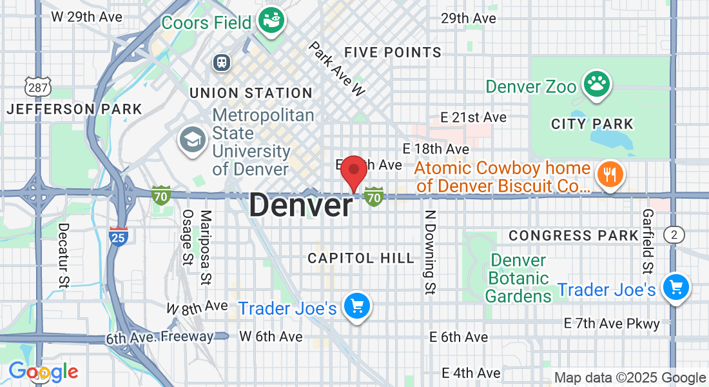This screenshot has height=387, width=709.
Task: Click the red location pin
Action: pyautogui.click(x=353, y=170)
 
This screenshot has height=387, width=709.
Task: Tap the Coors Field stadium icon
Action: pyautogui.click(x=271, y=22)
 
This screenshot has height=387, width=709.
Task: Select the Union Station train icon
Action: pyautogui.click(x=222, y=62)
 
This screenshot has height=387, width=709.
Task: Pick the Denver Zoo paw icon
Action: pyautogui.click(x=597, y=84)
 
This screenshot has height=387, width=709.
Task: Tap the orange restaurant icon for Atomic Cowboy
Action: pyautogui.click(x=608, y=174)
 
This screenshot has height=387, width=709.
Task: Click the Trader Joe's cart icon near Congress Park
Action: pyautogui.click(x=675, y=287)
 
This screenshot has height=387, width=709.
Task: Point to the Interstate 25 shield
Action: pyautogui.click(x=118, y=235)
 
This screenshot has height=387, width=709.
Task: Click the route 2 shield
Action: pyautogui.click(x=674, y=235)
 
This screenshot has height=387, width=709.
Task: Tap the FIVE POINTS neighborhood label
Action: pyautogui.click(x=393, y=52)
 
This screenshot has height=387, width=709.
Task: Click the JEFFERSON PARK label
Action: pyautogui.click(x=74, y=109)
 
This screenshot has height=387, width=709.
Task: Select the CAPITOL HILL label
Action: pyautogui.click(x=361, y=258)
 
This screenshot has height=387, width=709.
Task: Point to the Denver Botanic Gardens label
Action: pyautogui.click(x=518, y=279)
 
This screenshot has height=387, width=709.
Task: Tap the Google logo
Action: pyautogui.click(x=43, y=372)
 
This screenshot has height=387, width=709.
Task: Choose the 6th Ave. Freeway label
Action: pyautogui.click(x=160, y=337)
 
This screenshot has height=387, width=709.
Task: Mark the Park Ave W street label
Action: pyautogui.click(x=336, y=69)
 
